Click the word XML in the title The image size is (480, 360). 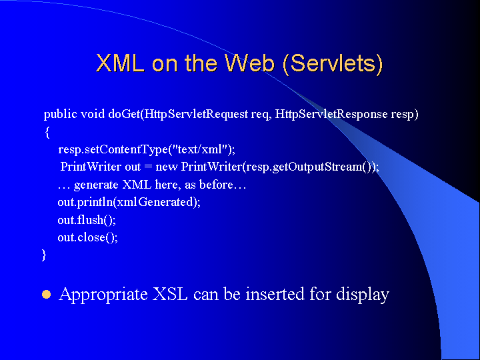(120, 63)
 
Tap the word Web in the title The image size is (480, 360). (249, 63)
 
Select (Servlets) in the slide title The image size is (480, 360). (333, 64)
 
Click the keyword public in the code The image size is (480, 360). (60, 115)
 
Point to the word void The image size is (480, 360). (93, 114)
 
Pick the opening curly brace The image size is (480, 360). (47, 133)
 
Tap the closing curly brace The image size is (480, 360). (44, 255)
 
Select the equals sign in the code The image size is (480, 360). (148, 167)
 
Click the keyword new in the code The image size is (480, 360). (167, 167)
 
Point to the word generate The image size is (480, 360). (96, 185)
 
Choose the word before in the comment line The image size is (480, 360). (216, 185)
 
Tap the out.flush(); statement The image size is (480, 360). (87, 220)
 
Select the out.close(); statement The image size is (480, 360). (88, 237)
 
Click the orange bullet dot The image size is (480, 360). (46, 295)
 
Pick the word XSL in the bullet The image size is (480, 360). (170, 294)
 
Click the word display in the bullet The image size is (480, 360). (363, 295)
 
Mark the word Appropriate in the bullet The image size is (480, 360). (103, 295)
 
